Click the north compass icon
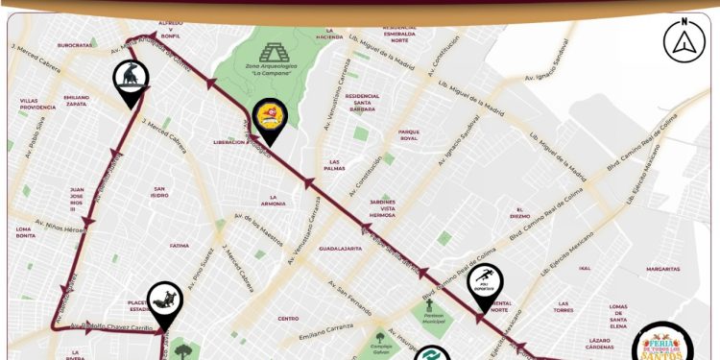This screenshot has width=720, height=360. coord(683,40)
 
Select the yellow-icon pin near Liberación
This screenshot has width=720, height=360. coord(270,118)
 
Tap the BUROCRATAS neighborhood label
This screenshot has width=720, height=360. coord(74,45)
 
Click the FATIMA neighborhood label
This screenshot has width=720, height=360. coord(180,245)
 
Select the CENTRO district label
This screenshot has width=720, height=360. coord(289,318)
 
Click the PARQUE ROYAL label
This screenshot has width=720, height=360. coord(410,134)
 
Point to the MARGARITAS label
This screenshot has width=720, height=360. coord(662,270)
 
